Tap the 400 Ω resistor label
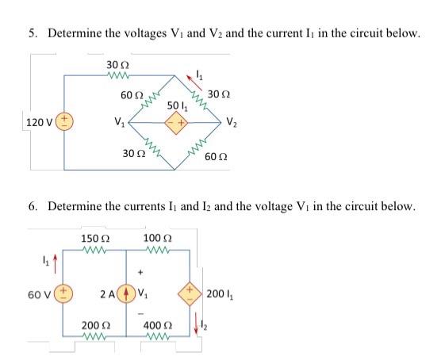pyautogui.click(x=159, y=327)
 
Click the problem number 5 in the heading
pyautogui.click(x=33, y=33)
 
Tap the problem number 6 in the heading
pyautogui.click(x=33, y=206)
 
